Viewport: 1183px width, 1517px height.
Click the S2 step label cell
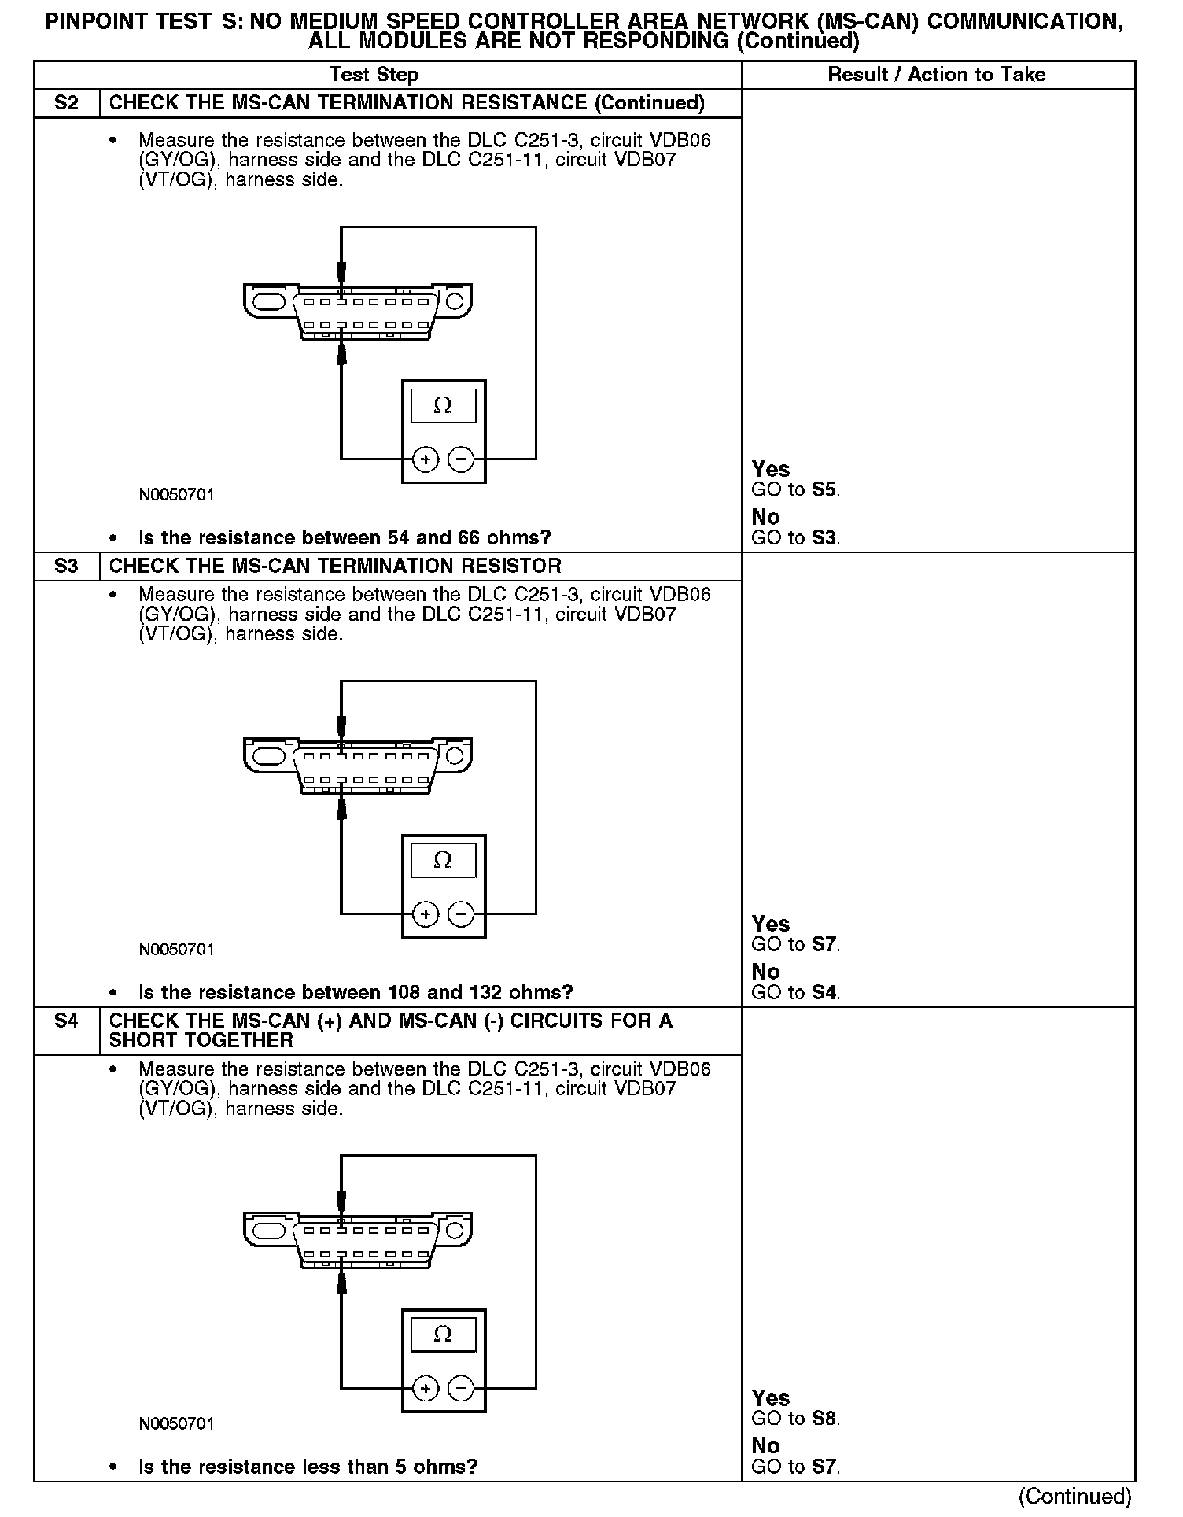(x=67, y=103)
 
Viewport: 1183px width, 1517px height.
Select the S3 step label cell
(x=67, y=567)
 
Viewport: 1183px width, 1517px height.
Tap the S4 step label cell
(x=67, y=1021)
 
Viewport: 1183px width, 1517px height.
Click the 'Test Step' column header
(x=374, y=75)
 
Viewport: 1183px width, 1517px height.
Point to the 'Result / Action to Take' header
(x=937, y=75)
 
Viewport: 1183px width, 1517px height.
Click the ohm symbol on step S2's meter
(x=443, y=406)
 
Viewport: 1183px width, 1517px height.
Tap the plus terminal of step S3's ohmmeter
(x=426, y=914)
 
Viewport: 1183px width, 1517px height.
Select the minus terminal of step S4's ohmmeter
(x=462, y=1389)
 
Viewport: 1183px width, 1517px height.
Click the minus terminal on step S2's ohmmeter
(x=462, y=459)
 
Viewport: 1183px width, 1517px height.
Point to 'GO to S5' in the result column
(x=795, y=490)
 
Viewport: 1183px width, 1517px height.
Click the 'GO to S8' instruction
(x=795, y=1419)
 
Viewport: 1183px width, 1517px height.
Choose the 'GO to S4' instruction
(x=795, y=992)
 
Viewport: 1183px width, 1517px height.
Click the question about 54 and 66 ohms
(x=345, y=538)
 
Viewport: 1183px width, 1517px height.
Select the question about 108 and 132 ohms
(x=356, y=992)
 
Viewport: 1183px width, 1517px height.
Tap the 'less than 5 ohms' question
(x=308, y=1467)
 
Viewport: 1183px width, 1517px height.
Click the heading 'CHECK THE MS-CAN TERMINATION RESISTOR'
(x=335, y=567)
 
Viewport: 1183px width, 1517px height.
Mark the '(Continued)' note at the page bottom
(x=1074, y=1496)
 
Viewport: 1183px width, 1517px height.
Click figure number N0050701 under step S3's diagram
(x=176, y=950)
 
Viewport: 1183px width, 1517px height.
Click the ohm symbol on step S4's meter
(x=443, y=1334)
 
